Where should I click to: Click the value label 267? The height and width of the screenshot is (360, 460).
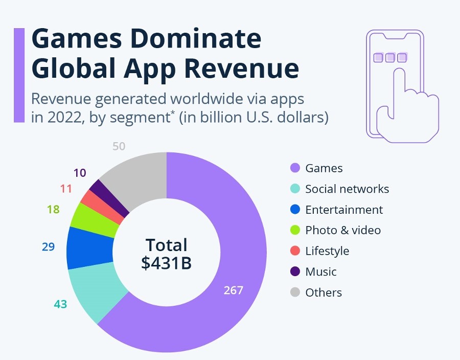(234, 290)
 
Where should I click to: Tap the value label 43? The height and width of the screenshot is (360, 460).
(60, 304)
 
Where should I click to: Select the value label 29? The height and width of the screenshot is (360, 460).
(48, 246)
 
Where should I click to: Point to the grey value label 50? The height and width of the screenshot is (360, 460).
(119, 146)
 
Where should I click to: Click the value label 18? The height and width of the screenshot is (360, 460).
(53, 209)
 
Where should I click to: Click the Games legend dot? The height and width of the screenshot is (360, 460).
(294, 168)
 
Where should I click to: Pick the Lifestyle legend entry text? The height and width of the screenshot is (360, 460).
(327, 251)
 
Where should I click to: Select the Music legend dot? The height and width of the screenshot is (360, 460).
(294, 272)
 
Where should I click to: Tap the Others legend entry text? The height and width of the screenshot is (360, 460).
(324, 292)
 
